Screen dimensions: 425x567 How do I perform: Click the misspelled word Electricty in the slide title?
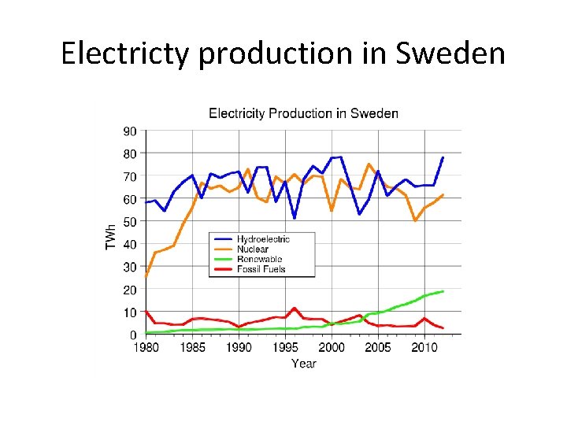pyautogui.click(x=126, y=53)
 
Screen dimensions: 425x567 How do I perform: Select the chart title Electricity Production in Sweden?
pyautogui.click(x=303, y=113)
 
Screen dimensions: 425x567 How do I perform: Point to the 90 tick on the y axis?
pyautogui.click(x=129, y=131)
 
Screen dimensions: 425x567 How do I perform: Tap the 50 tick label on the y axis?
pyautogui.click(x=129, y=222)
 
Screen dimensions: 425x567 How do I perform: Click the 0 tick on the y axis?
pyautogui.click(x=132, y=335)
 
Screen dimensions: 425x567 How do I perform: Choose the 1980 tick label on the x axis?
pyautogui.click(x=146, y=347)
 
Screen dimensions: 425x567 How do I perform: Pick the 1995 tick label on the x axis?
pyautogui.click(x=285, y=347)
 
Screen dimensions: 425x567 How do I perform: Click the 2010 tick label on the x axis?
pyautogui.click(x=424, y=347)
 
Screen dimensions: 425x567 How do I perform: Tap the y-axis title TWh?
pyautogui.click(x=111, y=235)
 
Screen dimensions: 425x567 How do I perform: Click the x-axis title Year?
pyautogui.click(x=303, y=363)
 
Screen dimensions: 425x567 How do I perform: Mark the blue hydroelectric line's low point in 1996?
pyautogui.click(x=295, y=218)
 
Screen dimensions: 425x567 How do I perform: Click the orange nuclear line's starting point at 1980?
pyautogui.click(x=146, y=277)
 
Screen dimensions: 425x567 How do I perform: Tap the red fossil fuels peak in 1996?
pyautogui.click(x=295, y=309)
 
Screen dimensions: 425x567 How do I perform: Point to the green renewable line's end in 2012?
pyautogui.click(x=443, y=291)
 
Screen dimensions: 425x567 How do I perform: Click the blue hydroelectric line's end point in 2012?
pyautogui.click(x=443, y=157)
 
